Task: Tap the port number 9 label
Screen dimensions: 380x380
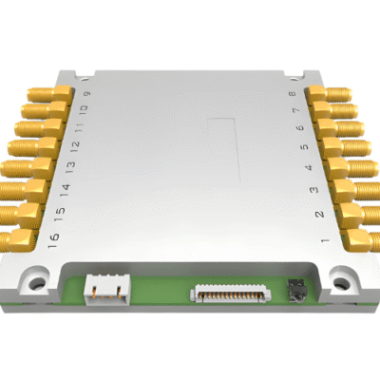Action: point(87,95)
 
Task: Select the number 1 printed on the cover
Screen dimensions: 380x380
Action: point(325,243)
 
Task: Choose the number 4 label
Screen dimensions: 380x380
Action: point(307,169)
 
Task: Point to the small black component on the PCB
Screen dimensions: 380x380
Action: point(295,288)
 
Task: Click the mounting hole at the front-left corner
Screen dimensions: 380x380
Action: point(37,282)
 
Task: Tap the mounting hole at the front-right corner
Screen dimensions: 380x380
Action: point(340,280)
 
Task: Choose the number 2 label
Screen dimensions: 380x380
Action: point(318,216)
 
